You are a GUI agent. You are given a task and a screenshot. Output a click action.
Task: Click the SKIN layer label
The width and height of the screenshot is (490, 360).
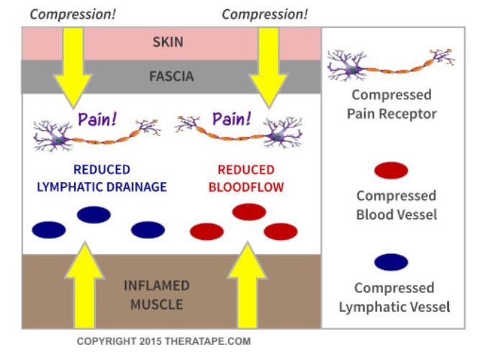pyautogui.click(x=168, y=42)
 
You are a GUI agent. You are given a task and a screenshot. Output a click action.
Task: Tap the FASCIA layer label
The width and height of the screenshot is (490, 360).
pyautogui.click(x=171, y=76)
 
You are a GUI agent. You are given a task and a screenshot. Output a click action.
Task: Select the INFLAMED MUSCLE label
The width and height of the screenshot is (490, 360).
pyautogui.click(x=157, y=295)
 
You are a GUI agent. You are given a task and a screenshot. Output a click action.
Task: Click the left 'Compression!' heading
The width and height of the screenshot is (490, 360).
pyautogui.click(x=73, y=14)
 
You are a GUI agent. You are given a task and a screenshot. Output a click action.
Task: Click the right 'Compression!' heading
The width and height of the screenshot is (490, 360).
pyautogui.click(x=265, y=14)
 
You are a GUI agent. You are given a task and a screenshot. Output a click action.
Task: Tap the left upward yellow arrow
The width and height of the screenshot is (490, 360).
pyautogui.click(x=84, y=284)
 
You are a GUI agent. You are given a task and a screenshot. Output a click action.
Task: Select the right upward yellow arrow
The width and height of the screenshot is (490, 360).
pyautogui.click(x=248, y=284)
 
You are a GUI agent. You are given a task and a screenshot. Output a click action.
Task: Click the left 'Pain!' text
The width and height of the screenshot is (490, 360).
pyautogui.click(x=97, y=120)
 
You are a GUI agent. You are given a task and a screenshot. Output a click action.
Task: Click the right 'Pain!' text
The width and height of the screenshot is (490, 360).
pyautogui.click(x=232, y=119)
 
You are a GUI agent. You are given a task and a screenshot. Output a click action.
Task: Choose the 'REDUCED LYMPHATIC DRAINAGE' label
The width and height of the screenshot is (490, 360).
pyautogui.click(x=102, y=179)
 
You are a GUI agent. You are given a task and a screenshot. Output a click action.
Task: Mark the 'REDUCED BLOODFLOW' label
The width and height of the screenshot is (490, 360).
pyautogui.click(x=246, y=179)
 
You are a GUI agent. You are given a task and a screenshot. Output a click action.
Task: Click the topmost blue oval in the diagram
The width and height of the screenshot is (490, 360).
pyautogui.click(x=94, y=215)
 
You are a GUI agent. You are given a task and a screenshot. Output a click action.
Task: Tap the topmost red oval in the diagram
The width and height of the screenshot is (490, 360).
pyautogui.click(x=249, y=212)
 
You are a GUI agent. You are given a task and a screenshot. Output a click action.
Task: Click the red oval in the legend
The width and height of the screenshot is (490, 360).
pyautogui.click(x=391, y=171)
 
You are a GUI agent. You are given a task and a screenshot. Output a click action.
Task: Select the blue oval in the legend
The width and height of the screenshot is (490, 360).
pyautogui.click(x=391, y=262)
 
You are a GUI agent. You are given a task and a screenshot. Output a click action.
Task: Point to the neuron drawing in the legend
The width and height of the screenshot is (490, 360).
pyautogui.click(x=391, y=64)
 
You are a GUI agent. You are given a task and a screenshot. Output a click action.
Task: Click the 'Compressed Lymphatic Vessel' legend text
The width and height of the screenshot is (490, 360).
pyautogui.click(x=394, y=297)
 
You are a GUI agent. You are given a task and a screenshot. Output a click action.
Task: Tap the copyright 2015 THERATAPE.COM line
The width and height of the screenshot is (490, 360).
pyautogui.click(x=164, y=341)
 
